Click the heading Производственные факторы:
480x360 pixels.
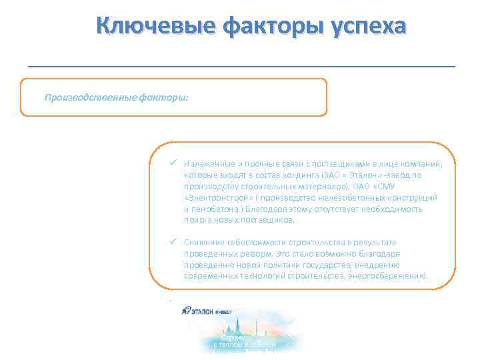pyautogui.click(x=117, y=97)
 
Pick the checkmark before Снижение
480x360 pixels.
pyautogui.click(x=173, y=242)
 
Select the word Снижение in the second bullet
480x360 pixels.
pyautogui.click(x=203, y=243)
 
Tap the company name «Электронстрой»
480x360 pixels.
pyautogui.click(x=215, y=198)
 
